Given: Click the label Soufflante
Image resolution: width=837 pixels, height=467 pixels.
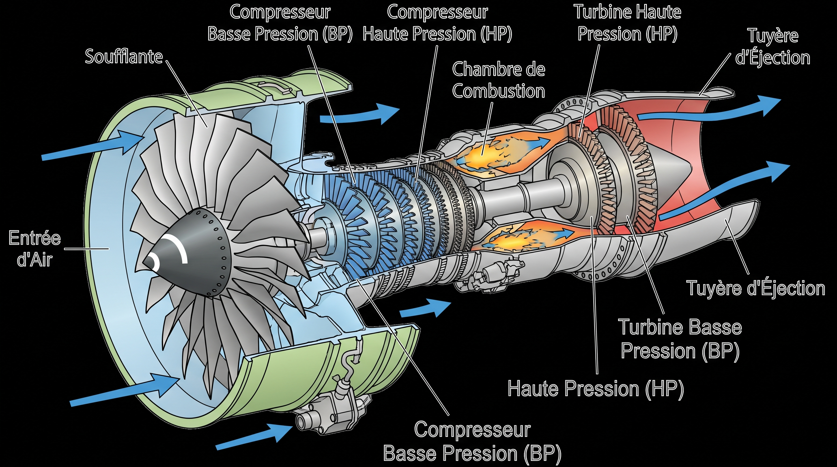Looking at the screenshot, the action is point(124,57).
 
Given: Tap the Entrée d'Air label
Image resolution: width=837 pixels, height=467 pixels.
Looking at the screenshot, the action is point(35,249).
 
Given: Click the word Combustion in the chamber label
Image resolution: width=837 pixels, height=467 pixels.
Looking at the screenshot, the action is point(498,91).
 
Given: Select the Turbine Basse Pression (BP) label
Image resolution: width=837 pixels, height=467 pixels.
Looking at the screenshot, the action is point(680,339).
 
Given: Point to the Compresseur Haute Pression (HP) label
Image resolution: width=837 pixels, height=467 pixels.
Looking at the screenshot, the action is point(437,23).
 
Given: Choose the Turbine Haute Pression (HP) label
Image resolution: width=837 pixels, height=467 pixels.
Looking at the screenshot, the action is point(627,23).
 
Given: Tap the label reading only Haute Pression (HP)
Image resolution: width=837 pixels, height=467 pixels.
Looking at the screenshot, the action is point(596,389).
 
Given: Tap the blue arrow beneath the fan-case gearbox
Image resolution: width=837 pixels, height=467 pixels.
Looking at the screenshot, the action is point(254,436).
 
